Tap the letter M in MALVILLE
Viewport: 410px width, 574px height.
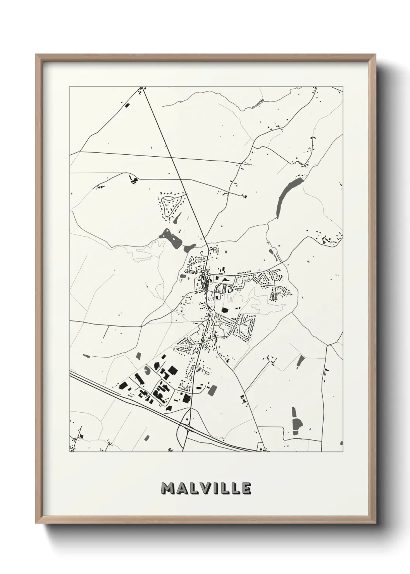point(168,489)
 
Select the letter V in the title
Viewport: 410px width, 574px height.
point(204,489)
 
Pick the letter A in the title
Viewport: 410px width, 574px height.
point(181,489)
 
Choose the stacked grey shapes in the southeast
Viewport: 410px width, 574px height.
point(296,419)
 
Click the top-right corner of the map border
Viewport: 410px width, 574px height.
point(343,87)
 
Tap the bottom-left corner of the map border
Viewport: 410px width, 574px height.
point(69,452)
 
